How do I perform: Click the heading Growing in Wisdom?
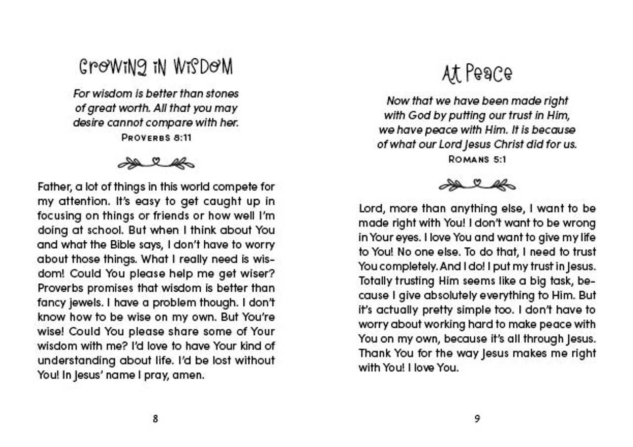point(155,68)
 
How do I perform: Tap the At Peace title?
point(477,74)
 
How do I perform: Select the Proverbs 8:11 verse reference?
point(156,138)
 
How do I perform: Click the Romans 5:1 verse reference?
point(477,159)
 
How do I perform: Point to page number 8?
point(155,419)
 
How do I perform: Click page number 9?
point(477,419)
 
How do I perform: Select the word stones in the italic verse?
point(220,93)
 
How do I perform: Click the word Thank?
point(373,354)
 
